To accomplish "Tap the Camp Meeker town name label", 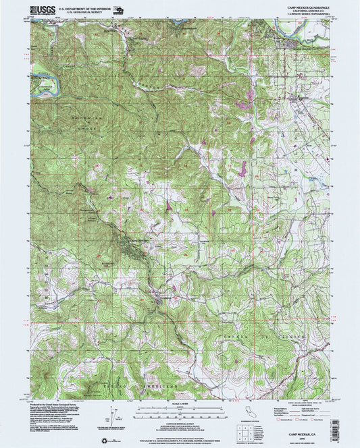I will click(136, 242).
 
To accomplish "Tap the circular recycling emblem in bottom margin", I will click(105, 441).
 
